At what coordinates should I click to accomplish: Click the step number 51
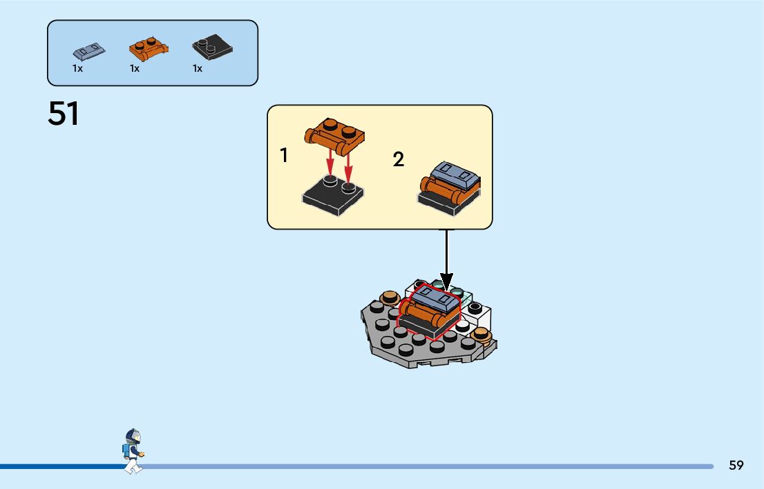[x=64, y=114]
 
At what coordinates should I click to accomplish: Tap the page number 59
[x=736, y=466]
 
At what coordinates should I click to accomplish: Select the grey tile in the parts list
[x=89, y=51]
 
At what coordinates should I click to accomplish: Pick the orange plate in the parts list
[x=149, y=49]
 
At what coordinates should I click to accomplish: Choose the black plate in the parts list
[x=211, y=47]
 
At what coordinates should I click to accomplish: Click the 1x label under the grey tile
[x=77, y=69]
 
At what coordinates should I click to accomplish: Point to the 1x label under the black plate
[x=198, y=69]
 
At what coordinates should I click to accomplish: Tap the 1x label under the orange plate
[x=135, y=69]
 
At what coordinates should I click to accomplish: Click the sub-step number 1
[x=284, y=156]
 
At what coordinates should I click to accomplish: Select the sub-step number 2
[x=399, y=160]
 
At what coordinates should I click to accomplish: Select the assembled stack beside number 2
[x=450, y=188]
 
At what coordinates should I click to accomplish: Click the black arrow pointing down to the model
[x=446, y=262]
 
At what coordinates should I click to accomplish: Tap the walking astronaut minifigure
[x=133, y=451]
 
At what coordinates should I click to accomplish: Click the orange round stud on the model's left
[x=390, y=298]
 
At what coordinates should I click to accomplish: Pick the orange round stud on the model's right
[x=481, y=336]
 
